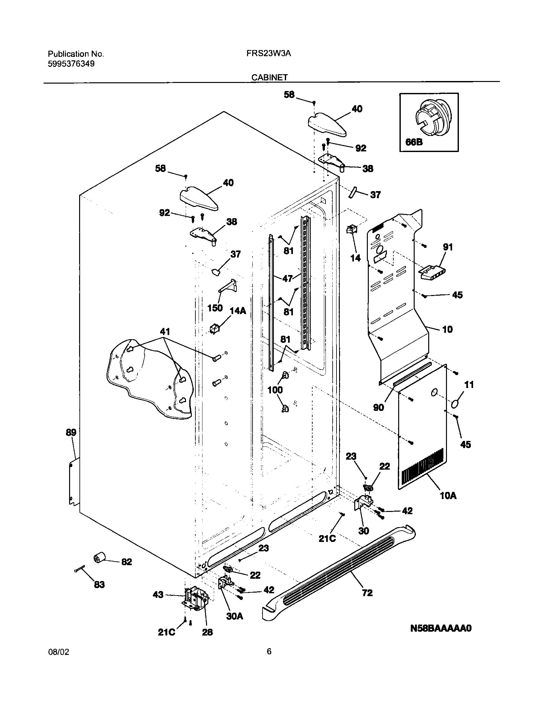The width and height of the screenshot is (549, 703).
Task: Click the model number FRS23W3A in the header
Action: point(268,54)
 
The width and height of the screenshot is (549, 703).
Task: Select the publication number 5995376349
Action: point(71,64)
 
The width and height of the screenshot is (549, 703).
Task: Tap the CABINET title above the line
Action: point(270,77)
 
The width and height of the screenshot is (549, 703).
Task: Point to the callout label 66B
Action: point(414,142)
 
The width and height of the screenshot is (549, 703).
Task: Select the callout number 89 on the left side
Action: point(71,432)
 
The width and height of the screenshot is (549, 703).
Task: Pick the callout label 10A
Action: point(448,495)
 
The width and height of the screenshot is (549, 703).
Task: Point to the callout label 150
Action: point(215,308)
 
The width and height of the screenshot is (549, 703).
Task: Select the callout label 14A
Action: point(238,311)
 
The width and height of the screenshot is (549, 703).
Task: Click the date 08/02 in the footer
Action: point(58,661)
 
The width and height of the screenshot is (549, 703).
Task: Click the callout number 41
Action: point(165,332)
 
